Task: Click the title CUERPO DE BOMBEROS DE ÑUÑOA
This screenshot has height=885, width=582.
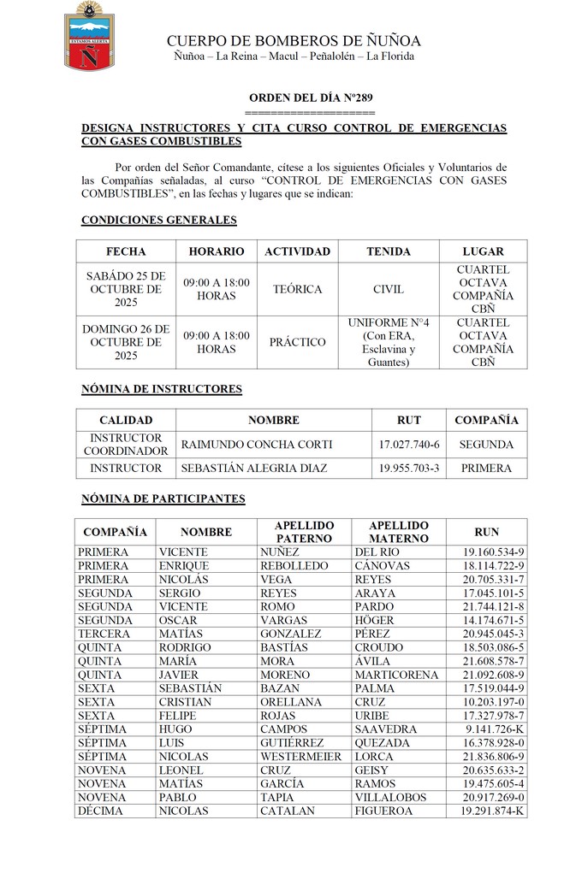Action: [294, 41]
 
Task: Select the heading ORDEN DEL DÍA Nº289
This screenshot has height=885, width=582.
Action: [311, 98]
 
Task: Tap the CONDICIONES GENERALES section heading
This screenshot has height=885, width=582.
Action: [158, 220]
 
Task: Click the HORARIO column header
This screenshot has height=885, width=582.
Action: [216, 251]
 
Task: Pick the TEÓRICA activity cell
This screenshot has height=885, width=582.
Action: [297, 289]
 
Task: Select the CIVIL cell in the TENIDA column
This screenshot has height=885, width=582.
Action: [389, 289]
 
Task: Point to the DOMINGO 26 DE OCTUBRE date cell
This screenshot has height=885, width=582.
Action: [126, 342]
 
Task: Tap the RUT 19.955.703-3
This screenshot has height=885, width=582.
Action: [409, 469]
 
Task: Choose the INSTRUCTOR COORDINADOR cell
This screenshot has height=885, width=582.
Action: [126, 445]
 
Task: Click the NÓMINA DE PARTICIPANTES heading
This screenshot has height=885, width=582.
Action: [163, 499]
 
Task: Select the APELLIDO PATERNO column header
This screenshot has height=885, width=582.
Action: [304, 532]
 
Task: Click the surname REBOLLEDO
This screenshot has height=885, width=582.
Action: [294, 566]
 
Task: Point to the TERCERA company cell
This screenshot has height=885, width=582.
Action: [104, 634]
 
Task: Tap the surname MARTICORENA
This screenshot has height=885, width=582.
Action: [395, 675]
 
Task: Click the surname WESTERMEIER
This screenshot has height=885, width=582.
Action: [301, 757]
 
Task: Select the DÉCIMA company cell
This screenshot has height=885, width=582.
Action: [100, 811]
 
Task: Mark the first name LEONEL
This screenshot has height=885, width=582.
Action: [181, 770]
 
